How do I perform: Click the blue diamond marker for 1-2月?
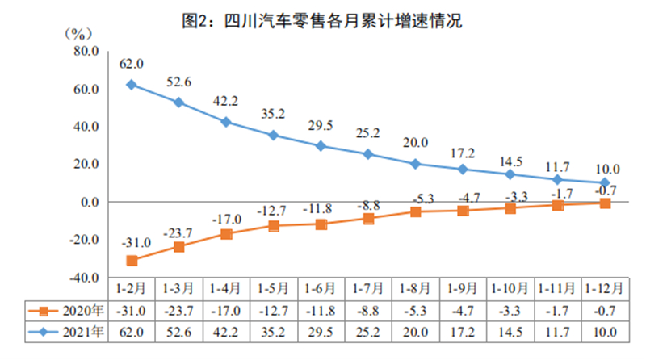[x=131, y=84]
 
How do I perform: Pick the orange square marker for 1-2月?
[x=131, y=260]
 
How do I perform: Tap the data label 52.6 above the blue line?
[x=178, y=82]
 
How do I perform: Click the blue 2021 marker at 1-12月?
[x=606, y=182]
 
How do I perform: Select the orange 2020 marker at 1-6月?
[x=321, y=224]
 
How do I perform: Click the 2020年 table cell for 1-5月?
[x=274, y=310]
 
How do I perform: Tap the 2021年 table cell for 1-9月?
[x=464, y=330]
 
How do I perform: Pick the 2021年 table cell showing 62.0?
[x=131, y=330]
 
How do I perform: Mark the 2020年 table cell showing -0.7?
[x=606, y=310]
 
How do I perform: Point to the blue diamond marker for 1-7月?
[x=369, y=153]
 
